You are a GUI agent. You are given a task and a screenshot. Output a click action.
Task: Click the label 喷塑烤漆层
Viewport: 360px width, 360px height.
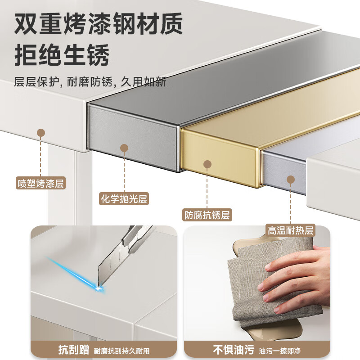pos(41,183)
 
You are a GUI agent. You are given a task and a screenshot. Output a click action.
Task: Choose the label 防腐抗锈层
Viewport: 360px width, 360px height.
pos(207,215)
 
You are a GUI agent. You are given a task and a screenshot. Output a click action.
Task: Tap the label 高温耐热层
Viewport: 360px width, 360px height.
pos(290,230)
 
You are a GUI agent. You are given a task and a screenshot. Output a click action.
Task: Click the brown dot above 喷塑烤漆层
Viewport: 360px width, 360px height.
pos(41,132)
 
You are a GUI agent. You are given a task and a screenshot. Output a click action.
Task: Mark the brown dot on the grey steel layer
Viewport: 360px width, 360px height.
pos(124,148)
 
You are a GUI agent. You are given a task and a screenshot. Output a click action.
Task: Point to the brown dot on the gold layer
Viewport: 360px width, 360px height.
pos(207,164)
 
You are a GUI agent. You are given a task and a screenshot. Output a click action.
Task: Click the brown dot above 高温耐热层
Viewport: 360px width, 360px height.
pos(290,180)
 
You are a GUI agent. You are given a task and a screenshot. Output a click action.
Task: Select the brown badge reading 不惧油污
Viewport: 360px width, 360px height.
pos(234,350)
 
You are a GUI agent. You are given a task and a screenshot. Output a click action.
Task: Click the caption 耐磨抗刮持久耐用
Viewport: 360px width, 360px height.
pos(121,351)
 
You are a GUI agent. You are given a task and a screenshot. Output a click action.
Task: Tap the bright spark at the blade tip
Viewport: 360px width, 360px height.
pos(98,288)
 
